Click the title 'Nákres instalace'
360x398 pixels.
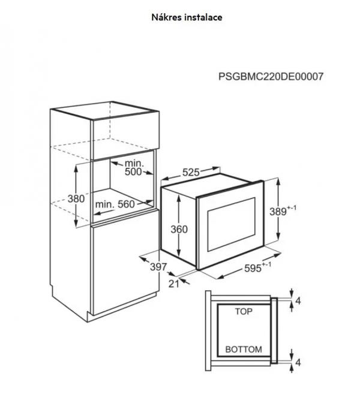[187, 17]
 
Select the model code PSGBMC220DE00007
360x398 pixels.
[271, 77]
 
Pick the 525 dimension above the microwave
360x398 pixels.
[190, 173]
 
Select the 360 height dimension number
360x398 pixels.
[179, 229]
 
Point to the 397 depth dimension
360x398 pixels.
[157, 266]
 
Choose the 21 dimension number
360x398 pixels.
[173, 283]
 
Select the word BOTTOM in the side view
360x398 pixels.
[243, 349]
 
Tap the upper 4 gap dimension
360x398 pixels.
[298, 298]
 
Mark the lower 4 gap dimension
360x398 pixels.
[298, 363]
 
